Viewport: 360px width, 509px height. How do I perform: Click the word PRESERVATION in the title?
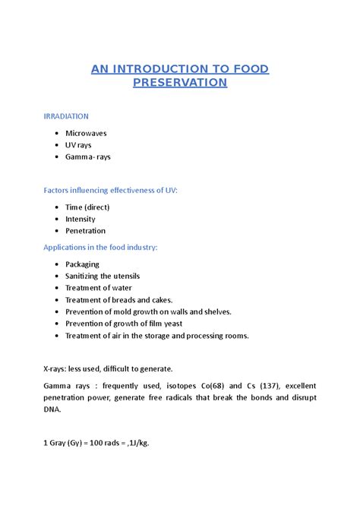tap(180, 82)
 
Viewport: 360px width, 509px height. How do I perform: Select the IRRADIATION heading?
tap(66, 116)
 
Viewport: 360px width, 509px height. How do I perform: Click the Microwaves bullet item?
tap(86, 133)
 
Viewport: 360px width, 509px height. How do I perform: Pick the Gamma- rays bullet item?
tap(88, 156)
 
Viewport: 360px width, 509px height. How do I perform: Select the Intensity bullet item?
tap(81, 219)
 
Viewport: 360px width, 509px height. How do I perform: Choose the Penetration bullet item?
tap(85, 230)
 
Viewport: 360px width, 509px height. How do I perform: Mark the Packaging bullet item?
tap(83, 264)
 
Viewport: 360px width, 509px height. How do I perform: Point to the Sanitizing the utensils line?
tap(103, 276)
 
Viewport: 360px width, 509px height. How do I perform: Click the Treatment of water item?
tap(99, 288)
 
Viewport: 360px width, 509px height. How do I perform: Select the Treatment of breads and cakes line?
tap(119, 300)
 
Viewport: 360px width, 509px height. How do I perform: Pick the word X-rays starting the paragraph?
tap(56, 368)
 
